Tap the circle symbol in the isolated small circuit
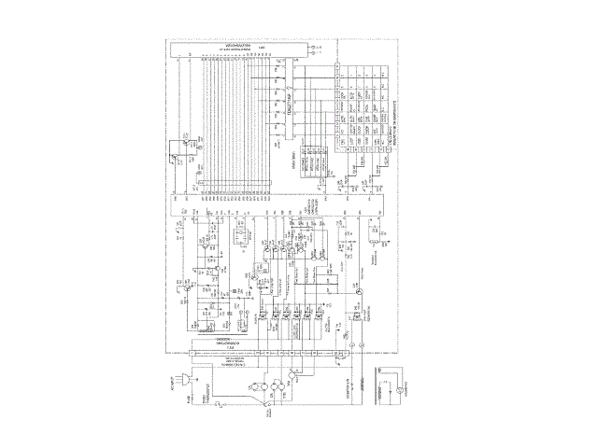click(398, 389)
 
